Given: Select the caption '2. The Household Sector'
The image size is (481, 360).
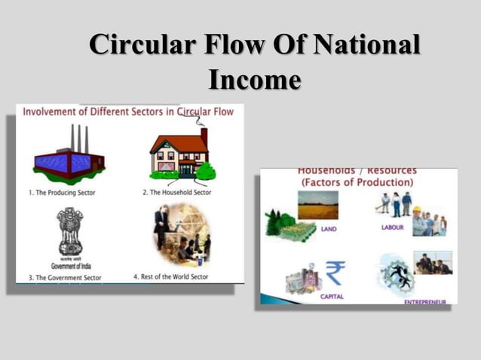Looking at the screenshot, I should (x=176, y=193).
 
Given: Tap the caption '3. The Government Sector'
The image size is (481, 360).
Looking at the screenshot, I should (x=65, y=277).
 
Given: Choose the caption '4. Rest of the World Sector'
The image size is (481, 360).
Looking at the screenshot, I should (x=181, y=277).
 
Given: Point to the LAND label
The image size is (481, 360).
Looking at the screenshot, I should (x=329, y=228).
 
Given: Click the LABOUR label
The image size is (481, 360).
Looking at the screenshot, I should (x=392, y=227).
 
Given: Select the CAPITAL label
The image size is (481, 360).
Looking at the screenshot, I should (x=332, y=297).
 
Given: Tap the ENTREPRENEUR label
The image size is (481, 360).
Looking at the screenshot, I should (x=424, y=302).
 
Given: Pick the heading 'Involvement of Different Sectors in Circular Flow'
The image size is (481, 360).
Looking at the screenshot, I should (x=128, y=112).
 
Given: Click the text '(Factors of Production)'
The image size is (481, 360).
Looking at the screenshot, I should (x=357, y=183).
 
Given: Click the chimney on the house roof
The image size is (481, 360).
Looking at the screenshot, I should (x=204, y=136).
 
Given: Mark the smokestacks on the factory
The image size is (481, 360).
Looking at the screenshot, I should (x=79, y=138).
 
